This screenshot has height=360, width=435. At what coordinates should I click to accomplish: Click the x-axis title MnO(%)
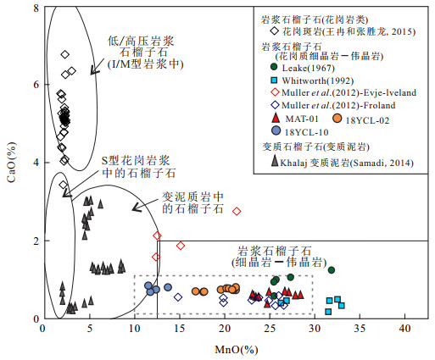pyautogui.click(x=237, y=350)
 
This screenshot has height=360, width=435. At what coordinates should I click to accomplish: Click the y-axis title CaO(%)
pyautogui.click(x=11, y=162)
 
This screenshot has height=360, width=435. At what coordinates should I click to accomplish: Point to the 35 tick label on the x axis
pyautogui.click(x=360, y=329)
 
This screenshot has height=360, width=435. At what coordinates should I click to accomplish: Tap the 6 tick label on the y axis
pyautogui.click(x=36, y=85)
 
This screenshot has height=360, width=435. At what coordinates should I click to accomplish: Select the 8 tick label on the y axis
pyautogui.click(x=36, y=8)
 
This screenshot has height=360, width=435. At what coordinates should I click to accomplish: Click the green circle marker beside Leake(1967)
pyautogui.click(x=274, y=67)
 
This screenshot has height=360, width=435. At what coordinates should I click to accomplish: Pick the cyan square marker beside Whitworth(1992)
pyautogui.click(x=274, y=80)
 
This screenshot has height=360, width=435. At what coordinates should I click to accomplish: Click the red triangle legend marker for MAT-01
pyautogui.click(x=276, y=118)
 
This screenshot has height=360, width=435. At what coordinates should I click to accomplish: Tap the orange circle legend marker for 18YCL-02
pyautogui.click(x=337, y=119)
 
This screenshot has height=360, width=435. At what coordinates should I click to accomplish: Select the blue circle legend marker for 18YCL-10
pyautogui.click(x=276, y=130)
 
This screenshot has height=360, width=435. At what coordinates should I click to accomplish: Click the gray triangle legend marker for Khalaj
pyautogui.click(x=275, y=161)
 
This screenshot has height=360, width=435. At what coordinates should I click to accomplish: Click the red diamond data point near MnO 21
pyautogui.click(x=237, y=211)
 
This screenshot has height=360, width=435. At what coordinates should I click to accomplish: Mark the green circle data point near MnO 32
pyautogui.click(x=332, y=270)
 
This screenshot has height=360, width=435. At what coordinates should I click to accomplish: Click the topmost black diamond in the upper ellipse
pyautogui.click(x=65, y=54)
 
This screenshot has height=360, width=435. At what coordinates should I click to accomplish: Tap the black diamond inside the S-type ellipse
pyautogui.click(x=64, y=185)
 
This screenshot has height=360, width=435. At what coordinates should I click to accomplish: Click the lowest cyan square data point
pyautogui.click(x=328, y=312)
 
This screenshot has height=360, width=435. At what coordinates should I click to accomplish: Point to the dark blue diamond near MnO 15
pyautogui.click(x=178, y=297)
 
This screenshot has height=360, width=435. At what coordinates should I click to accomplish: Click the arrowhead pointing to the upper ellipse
pyautogui.click(x=94, y=70)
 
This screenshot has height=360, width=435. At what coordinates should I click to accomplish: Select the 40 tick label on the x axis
pyautogui.click(x=404, y=329)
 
